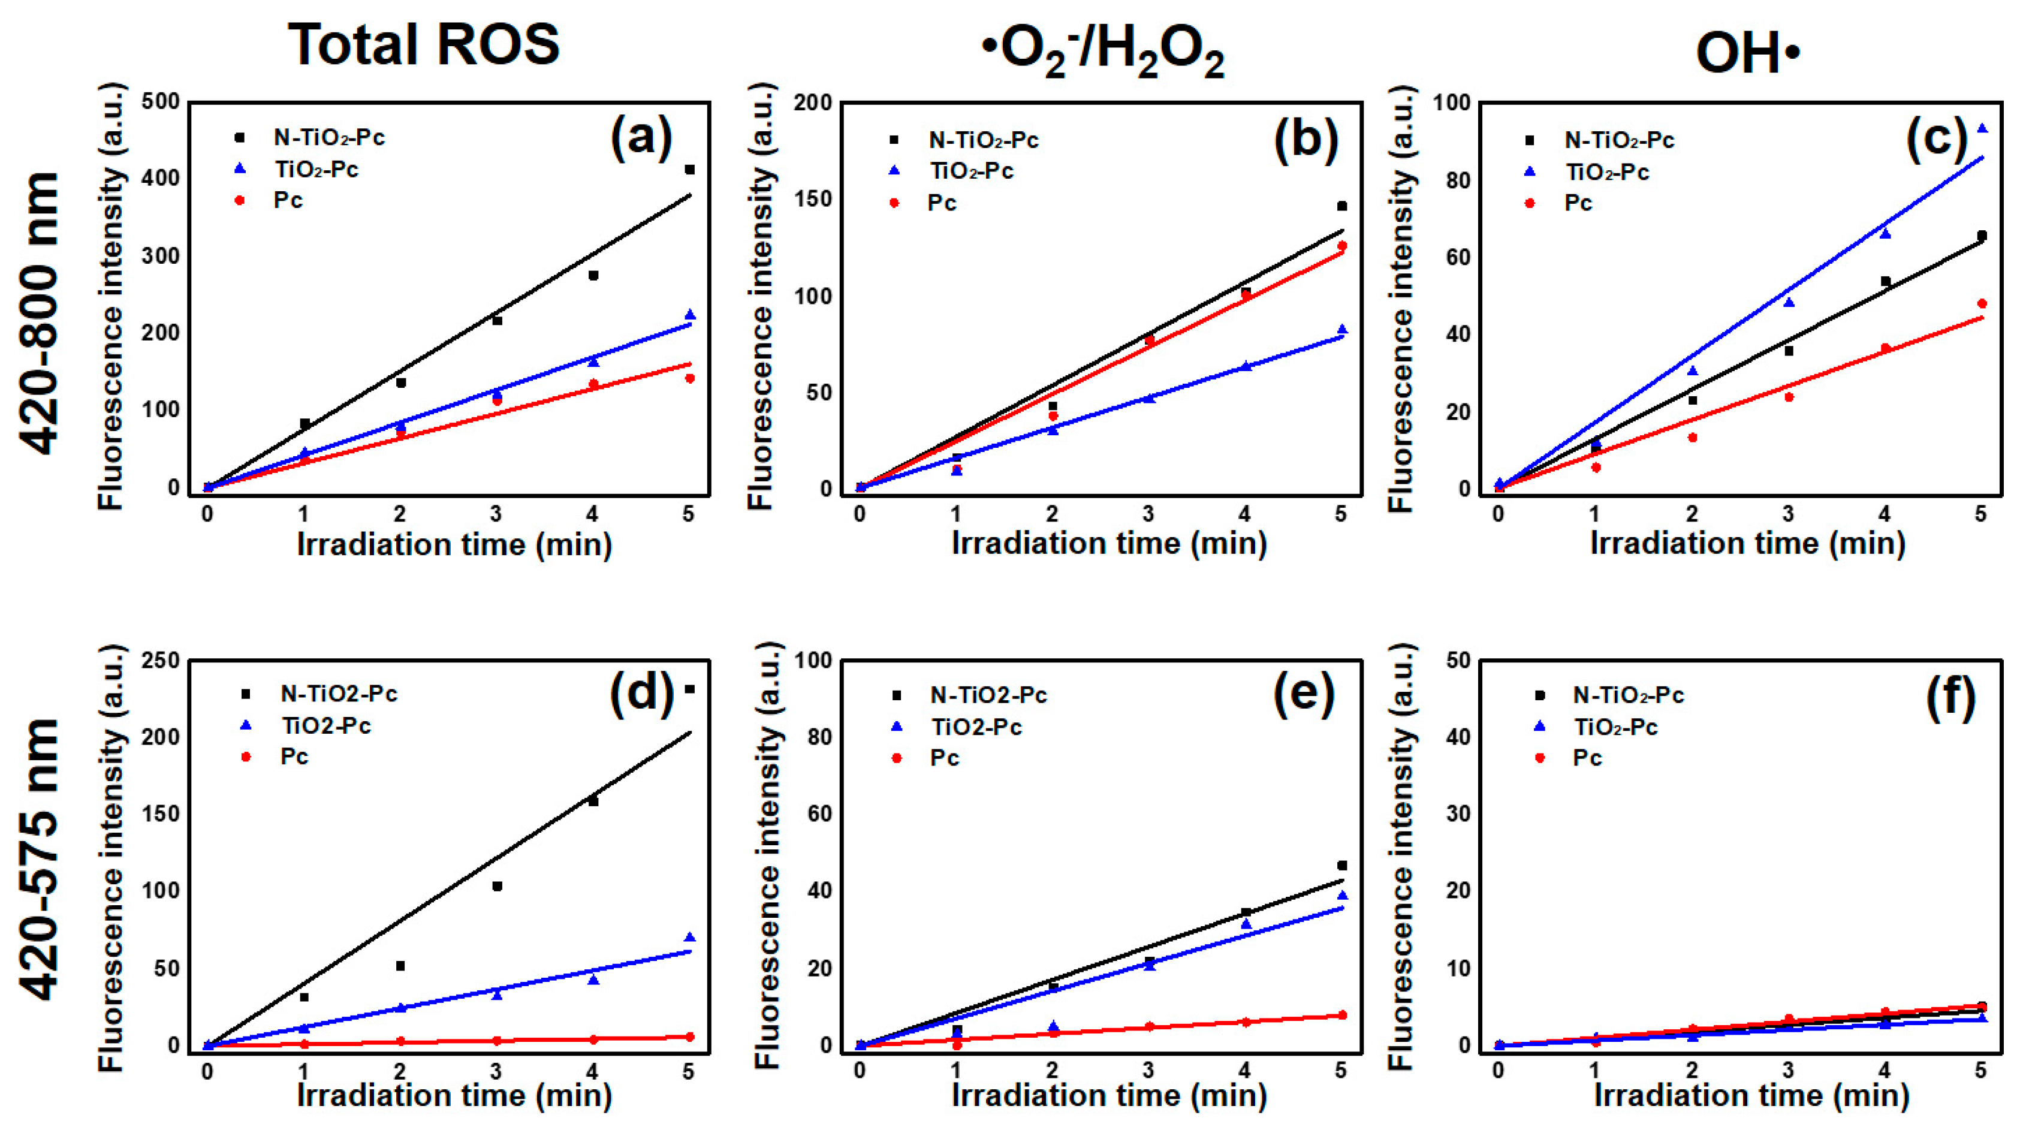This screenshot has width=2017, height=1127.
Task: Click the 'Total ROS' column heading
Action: click(424, 44)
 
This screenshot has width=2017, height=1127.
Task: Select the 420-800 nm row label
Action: click(39, 314)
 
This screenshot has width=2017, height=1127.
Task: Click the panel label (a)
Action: click(641, 137)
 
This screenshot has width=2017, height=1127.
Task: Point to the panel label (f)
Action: click(1950, 696)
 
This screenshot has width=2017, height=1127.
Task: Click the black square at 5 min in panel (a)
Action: click(690, 169)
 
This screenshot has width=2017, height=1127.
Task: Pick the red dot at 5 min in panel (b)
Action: click(1342, 246)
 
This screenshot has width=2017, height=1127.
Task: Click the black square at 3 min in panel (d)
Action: click(496, 887)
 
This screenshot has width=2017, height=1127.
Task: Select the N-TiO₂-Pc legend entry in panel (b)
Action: click(982, 140)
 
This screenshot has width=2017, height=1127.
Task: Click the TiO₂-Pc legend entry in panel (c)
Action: click(1607, 172)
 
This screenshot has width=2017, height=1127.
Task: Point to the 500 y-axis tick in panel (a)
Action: click(161, 102)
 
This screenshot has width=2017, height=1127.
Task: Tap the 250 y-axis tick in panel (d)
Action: click(161, 660)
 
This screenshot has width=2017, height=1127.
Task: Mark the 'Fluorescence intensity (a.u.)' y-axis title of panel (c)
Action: click(1401, 297)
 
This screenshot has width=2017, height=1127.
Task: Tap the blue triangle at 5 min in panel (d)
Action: click(690, 938)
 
